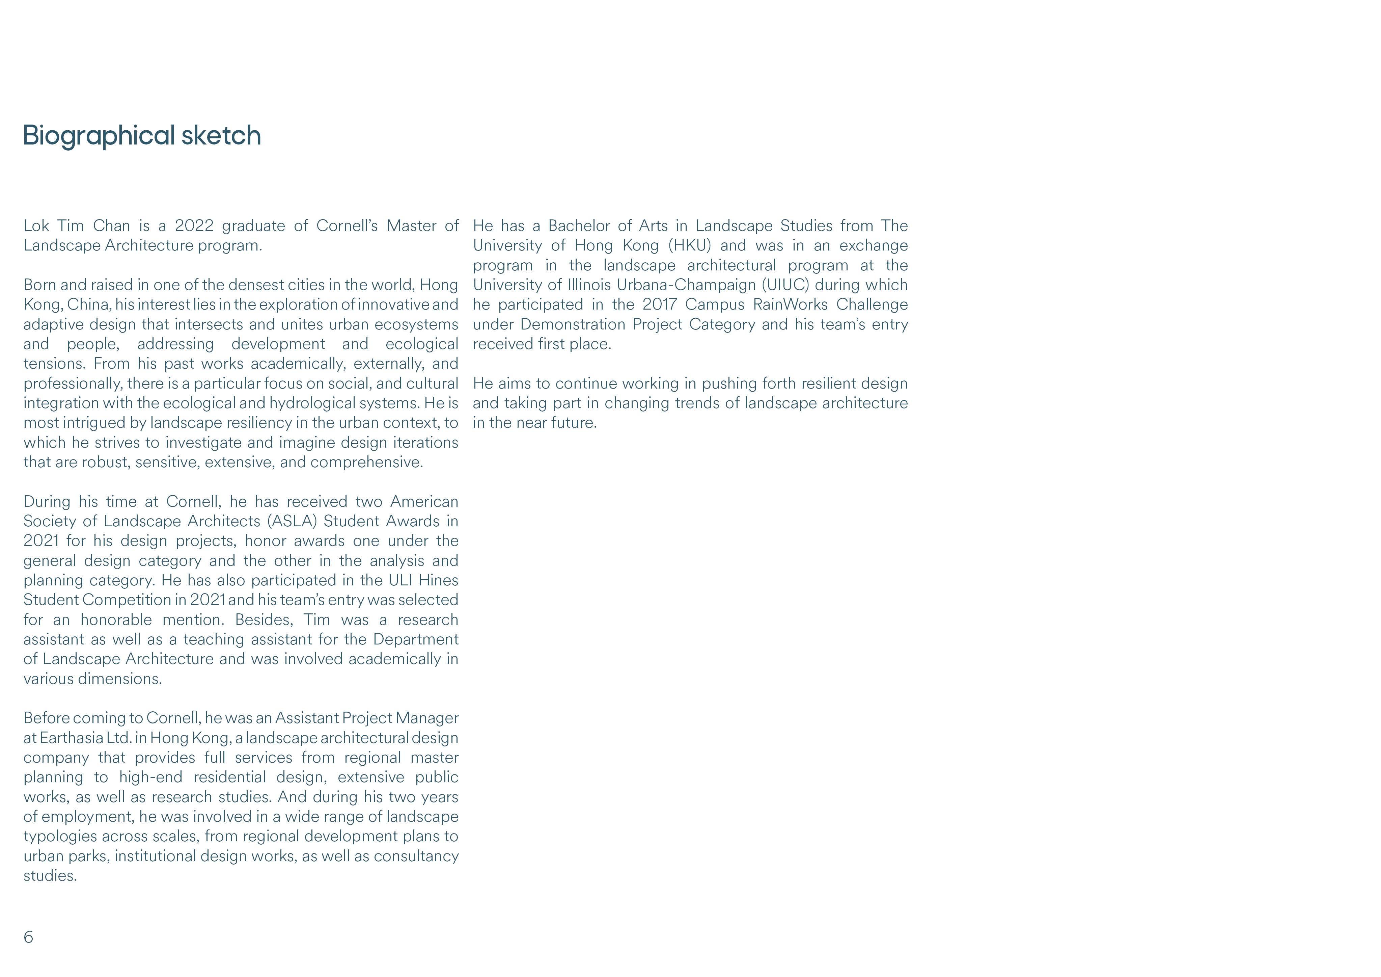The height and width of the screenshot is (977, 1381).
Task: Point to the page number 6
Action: click(x=28, y=937)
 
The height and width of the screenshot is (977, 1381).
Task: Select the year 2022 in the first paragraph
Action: click(x=194, y=226)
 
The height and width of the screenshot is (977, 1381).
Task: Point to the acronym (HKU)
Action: click(x=690, y=246)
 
